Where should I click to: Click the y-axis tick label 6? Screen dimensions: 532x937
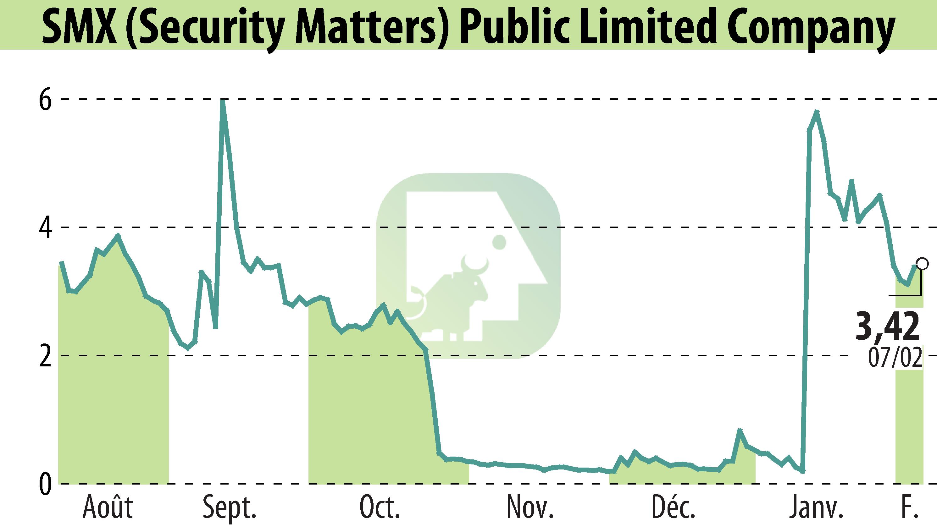click(x=45, y=99)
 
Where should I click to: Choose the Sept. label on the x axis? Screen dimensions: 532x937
click(x=229, y=508)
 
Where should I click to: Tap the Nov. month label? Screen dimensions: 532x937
click(x=530, y=508)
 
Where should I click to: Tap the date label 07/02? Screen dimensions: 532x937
click(x=894, y=358)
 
